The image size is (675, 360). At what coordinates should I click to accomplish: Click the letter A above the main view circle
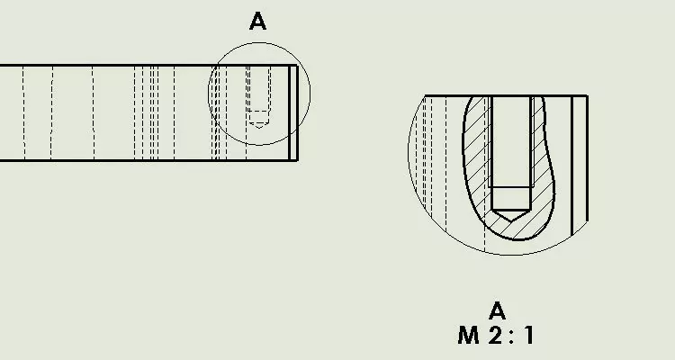(258, 21)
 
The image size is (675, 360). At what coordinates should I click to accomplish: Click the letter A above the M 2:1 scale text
(497, 310)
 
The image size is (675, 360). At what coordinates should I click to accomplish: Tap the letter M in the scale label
(468, 335)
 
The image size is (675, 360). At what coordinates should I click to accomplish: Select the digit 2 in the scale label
(496, 335)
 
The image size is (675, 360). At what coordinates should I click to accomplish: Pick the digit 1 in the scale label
(528, 335)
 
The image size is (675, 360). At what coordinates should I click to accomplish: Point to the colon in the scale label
(512, 335)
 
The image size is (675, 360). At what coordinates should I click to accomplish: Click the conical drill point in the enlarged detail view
(511, 216)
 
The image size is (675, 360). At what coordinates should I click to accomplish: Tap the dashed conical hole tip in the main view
(258, 125)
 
